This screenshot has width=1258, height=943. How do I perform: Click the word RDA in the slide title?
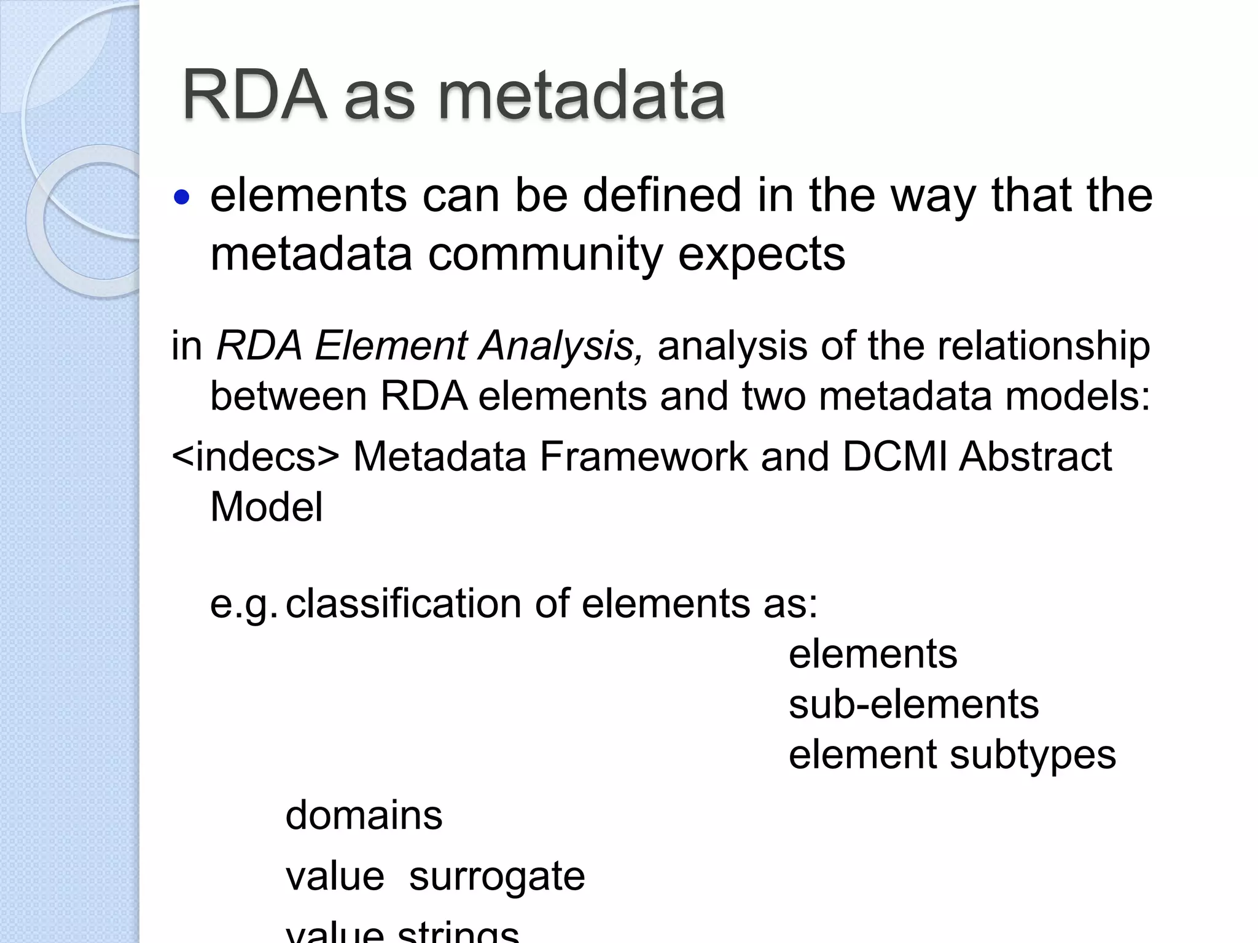pos(254,96)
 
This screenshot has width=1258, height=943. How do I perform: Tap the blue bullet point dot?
pos(182,198)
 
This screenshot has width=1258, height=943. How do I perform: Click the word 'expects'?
pos(761,254)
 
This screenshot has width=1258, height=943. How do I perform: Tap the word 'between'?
pos(289,396)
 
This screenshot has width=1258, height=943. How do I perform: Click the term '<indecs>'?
pos(255,457)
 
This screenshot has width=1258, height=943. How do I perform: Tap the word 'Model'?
pos(266,507)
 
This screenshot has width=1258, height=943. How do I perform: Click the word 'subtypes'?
pos(1033,755)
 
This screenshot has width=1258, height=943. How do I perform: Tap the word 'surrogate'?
pos(497,877)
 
